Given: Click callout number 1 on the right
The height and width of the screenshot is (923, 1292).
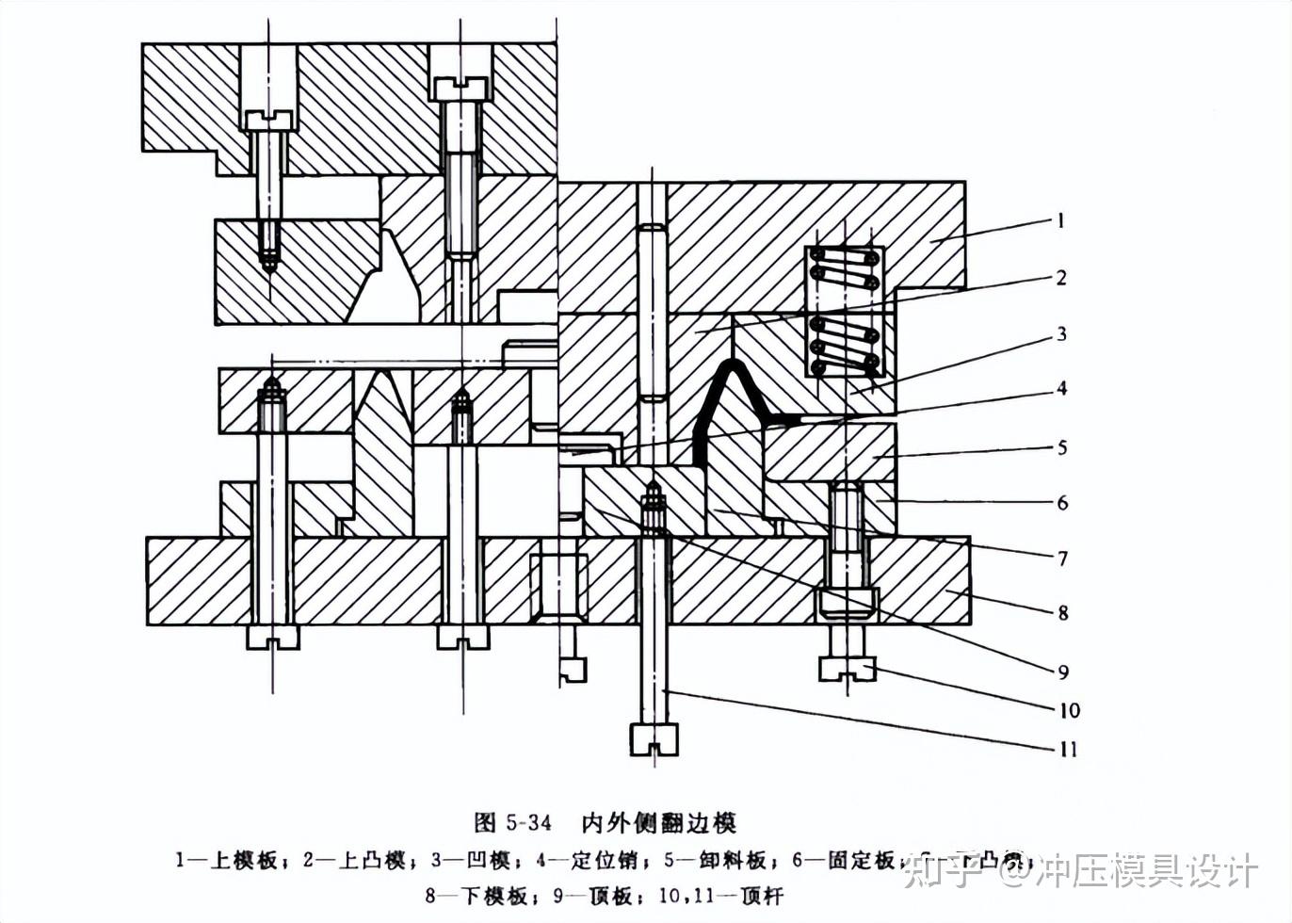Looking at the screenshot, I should coord(1061,220).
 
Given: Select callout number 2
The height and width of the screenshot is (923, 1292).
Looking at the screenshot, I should coord(1061,277).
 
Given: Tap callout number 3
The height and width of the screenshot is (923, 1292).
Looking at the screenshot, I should coord(1061,333).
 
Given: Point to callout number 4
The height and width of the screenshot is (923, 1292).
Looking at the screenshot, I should coord(1061,388).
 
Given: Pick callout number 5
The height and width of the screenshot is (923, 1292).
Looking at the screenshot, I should coord(1062,446).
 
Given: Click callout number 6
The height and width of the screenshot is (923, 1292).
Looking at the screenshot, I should coord(1062,502).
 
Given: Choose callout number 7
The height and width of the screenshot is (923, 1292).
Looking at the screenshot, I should coord(1062,558).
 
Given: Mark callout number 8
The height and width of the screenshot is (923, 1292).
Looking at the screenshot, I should coord(1062,613).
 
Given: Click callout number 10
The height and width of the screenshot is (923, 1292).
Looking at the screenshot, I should coord(1069,709).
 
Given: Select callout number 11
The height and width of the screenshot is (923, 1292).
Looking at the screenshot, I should coord(1068,749).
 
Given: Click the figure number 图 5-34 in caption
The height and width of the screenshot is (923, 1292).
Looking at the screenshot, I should coord(513,822).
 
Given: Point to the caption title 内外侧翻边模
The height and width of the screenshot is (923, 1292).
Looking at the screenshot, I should coord(658,822).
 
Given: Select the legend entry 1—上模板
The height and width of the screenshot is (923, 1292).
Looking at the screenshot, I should coord(226,859).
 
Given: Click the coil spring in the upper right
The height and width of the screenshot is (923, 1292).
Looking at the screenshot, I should coord(845,311).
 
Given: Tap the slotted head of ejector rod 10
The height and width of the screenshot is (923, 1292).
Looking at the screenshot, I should coord(847,668).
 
